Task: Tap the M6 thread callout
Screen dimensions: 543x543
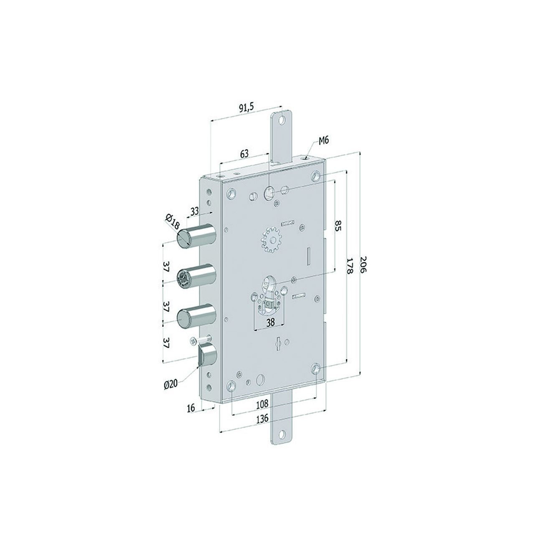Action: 324,141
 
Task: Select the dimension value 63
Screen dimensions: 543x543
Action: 244,154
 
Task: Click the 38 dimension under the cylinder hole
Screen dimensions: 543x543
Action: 270,323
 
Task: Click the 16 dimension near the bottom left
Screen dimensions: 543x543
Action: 191,408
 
